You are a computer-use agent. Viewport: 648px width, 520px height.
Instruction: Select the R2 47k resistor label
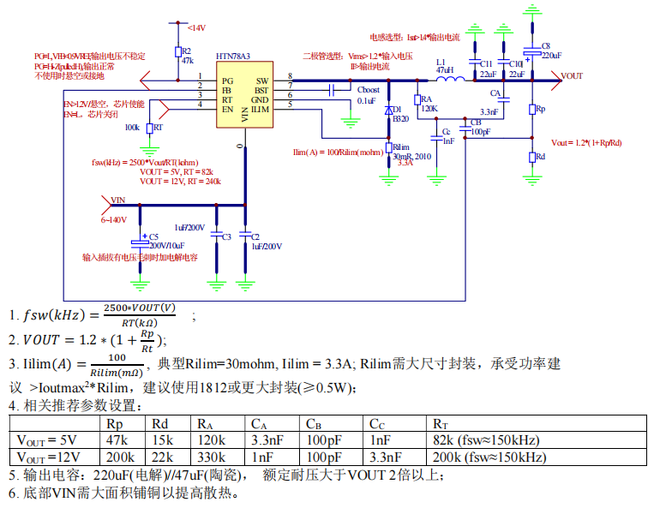187,56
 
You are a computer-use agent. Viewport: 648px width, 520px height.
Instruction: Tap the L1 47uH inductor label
444,67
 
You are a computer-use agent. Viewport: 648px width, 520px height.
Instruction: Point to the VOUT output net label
572,76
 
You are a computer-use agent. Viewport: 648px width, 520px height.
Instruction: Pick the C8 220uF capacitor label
549,50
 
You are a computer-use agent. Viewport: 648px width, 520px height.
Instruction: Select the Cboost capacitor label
368,90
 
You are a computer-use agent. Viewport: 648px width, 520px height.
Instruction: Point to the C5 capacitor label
154,236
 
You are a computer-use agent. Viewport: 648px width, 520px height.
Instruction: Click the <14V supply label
195,28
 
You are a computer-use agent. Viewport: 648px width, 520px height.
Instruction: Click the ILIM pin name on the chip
260,110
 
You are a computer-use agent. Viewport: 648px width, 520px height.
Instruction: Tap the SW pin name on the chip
262,80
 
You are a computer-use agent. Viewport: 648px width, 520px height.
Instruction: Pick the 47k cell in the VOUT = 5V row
117,440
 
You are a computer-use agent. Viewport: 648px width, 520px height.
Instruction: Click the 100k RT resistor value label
132,127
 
